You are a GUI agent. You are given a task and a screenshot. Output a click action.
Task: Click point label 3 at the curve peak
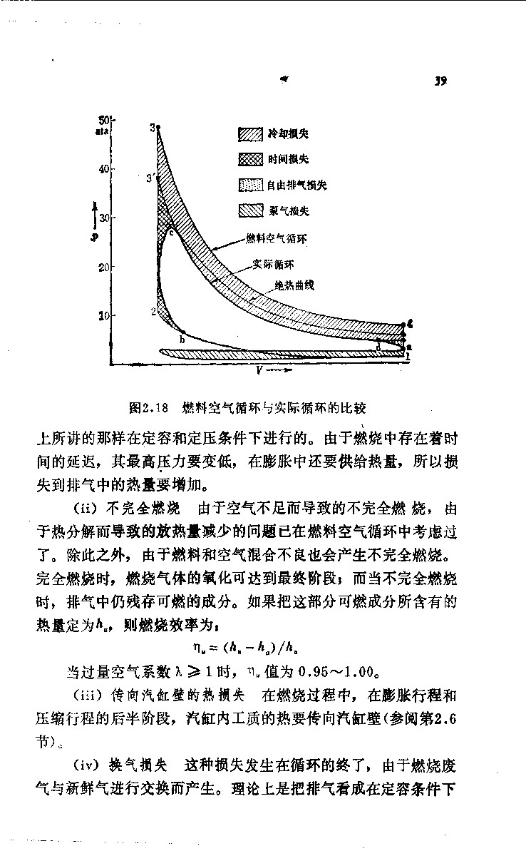[x=153, y=127]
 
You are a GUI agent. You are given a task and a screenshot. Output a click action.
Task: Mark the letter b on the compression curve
[x=182, y=340]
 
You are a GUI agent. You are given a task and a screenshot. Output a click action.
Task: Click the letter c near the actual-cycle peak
[x=172, y=231]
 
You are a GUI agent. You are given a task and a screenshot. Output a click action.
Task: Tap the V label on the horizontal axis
[x=262, y=371]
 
